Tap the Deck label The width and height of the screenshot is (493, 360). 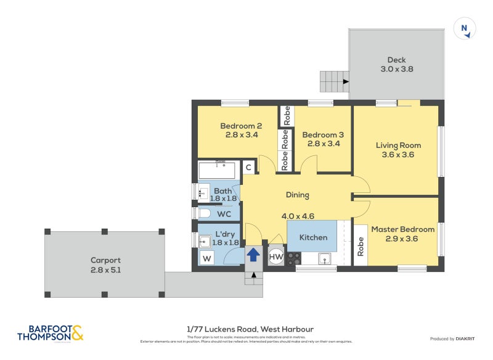(396, 60)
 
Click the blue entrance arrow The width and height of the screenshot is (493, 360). (253, 255)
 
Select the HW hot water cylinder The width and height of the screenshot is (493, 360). (276, 256)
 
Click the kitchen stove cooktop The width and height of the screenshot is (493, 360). (295, 259)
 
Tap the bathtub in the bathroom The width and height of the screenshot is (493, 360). (216, 170)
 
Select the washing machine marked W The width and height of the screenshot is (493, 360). (206, 258)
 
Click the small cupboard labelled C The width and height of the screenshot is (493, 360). (248, 167)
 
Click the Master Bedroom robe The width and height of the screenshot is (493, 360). (361, 246)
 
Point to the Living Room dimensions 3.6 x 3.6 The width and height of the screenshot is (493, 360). (398, 155)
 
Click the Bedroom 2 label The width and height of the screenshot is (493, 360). (237, 126)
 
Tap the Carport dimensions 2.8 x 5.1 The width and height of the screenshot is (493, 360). (105, 269)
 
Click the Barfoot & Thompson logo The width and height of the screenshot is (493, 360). (51, 333)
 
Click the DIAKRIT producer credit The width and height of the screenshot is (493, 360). (468, 338)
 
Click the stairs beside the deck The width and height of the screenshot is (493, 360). (333, 81)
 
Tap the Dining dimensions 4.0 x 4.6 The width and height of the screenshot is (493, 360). (298, 216)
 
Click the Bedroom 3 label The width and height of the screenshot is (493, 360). (323, 134)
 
